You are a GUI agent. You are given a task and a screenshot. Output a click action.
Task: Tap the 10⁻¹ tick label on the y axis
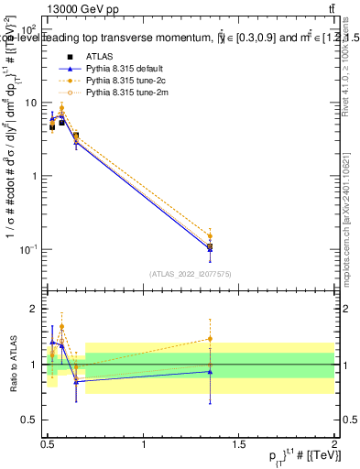(x=28, y=249)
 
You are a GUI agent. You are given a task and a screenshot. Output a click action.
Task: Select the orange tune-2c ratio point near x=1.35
(x=211, y=339)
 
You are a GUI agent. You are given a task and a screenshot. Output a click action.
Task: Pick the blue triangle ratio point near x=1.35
(x=211, y=372)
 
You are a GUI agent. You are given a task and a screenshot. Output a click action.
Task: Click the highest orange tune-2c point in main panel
(x=61, y=108)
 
